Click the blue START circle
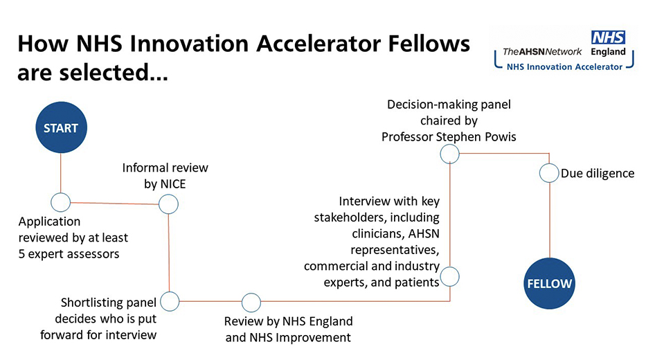tap(61, 127)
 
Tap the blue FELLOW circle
tap(549, 283)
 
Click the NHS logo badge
tap(608, 37)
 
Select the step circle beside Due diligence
tap(549, 173)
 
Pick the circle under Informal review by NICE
tap(168, 204)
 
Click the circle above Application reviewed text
tap(60, 202)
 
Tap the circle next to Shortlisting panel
tap(170, 301)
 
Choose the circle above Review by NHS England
tap(251, 303)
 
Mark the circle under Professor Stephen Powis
tap(449, 154)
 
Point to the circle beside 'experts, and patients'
tap(449, 276)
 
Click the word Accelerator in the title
tap(318, 44)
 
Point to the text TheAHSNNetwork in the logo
tap(542, 52)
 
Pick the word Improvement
tap(313, 338)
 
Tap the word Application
tap(49, 222)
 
